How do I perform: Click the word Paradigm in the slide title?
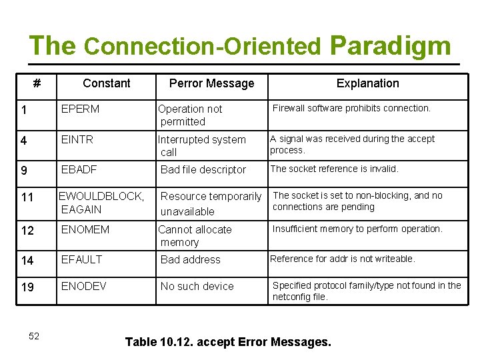tap(391, 45)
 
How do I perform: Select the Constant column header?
tap(107, 83)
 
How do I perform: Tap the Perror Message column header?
tap(211, 83)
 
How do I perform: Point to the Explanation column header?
tap(367, 83)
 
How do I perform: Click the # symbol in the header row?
tap(37, 83)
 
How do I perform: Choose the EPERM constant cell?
tap(80, 109)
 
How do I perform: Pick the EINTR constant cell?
tap(77, 139)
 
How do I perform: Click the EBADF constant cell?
tap(79, 169)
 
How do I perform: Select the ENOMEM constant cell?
tap(85, 229)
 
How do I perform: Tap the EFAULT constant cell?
tap(83, 259)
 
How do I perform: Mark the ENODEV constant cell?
tap(83, 286)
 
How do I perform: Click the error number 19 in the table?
tap(27, 288)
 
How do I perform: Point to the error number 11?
tap(27, 198)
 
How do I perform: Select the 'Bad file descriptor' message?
tap(203, 170)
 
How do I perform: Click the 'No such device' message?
tap(197, 287)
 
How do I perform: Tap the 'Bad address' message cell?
tap(191, 260)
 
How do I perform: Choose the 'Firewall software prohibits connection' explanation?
tap(352, 108)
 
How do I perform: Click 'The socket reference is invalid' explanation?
tap(335, 169)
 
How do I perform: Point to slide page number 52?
tap(34, 336)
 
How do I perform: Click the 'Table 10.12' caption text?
tap(228, 342)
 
